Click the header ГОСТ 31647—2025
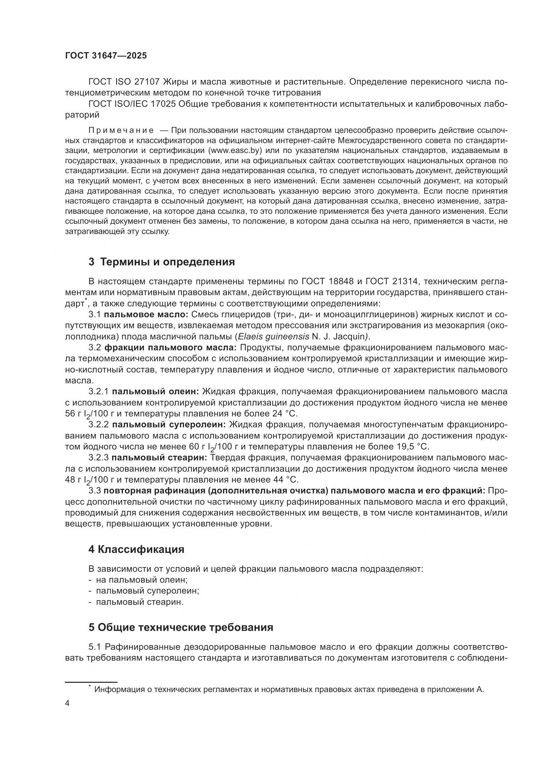coord(106,56)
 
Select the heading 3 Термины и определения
coord(162,262)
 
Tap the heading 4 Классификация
coord(136,550)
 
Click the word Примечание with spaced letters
coord(121,130)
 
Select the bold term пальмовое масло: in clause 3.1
coord(146,315)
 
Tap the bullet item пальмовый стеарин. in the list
coord(140,601)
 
